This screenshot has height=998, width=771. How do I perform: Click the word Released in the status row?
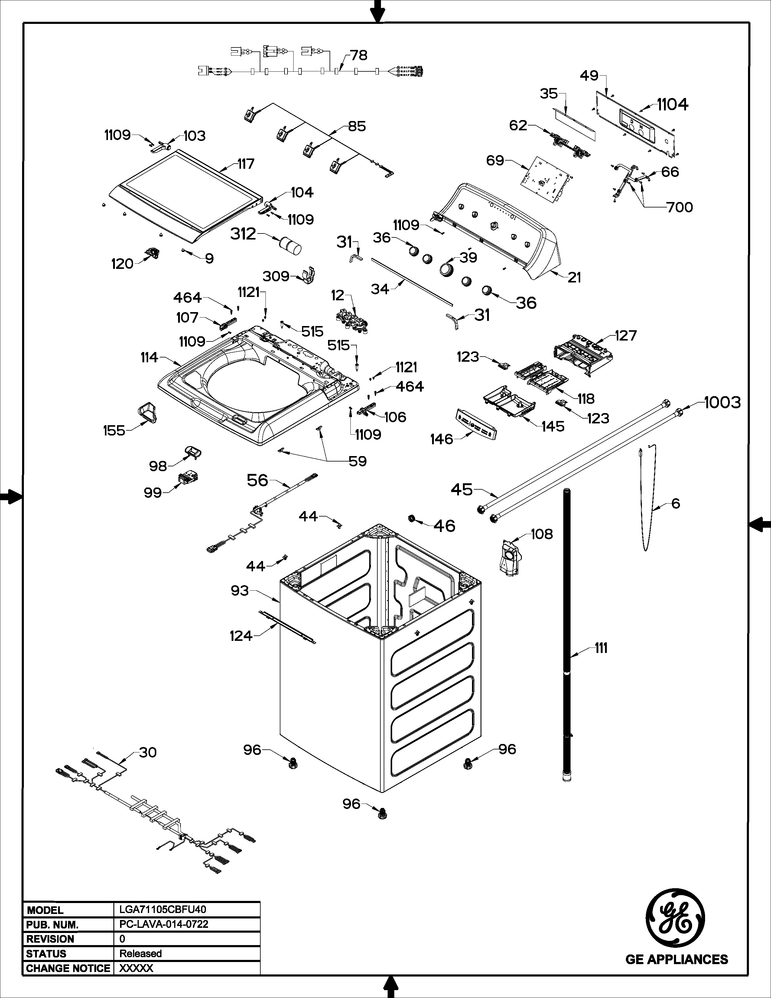coord(140,953)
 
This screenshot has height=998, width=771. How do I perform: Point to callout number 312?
coord(243,234)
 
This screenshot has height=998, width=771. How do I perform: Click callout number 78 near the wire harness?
coord(359,55)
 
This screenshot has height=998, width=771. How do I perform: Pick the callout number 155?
coord(114,430)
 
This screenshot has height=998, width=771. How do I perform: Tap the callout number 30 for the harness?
coord(148,752)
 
